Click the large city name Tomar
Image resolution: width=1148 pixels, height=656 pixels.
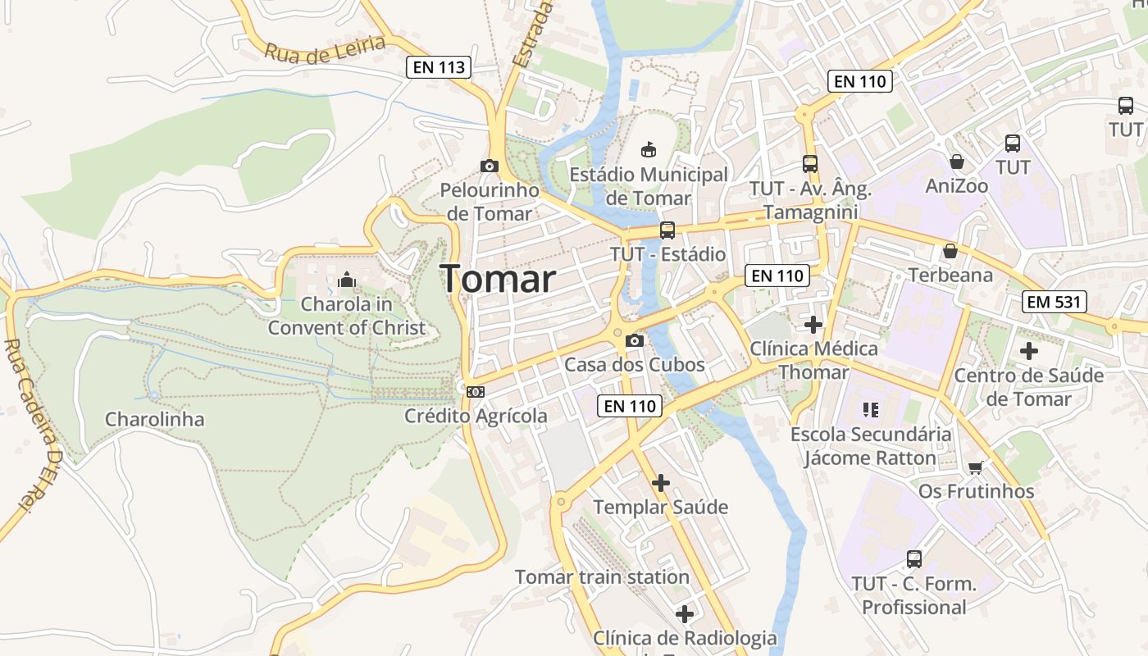point(499,280)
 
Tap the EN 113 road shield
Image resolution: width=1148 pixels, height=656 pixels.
point(439,67)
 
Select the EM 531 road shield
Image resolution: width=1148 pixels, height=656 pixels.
point(1055,302)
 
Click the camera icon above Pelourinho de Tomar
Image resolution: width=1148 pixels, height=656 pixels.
point(489,166)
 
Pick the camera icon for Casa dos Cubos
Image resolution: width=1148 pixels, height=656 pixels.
point(634,340)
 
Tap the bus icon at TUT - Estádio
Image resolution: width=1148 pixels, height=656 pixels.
point(667,230)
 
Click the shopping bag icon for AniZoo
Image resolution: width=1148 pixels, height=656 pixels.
point(956,162)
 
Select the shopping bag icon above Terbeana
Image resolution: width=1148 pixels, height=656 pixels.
point(950,250)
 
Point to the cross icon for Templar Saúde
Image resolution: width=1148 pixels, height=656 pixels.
point(660,483)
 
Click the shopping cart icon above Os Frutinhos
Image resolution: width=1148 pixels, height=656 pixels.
point(975,467)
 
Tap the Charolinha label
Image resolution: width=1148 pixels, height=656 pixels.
point(154,420)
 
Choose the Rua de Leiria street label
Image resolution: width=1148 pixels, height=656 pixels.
point(325,51)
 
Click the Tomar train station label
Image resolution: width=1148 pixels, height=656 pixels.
point(602,577)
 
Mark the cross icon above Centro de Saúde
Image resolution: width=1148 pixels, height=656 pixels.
point(1028,351)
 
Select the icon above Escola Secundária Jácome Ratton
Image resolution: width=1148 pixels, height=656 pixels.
point(870,409)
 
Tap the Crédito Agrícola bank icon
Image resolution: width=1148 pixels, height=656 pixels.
point(476,392)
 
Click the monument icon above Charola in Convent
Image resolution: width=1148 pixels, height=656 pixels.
point(346,280)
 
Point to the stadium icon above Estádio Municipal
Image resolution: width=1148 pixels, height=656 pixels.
point(649,149)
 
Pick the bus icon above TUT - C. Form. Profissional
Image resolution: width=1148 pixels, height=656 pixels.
point(913,559)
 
